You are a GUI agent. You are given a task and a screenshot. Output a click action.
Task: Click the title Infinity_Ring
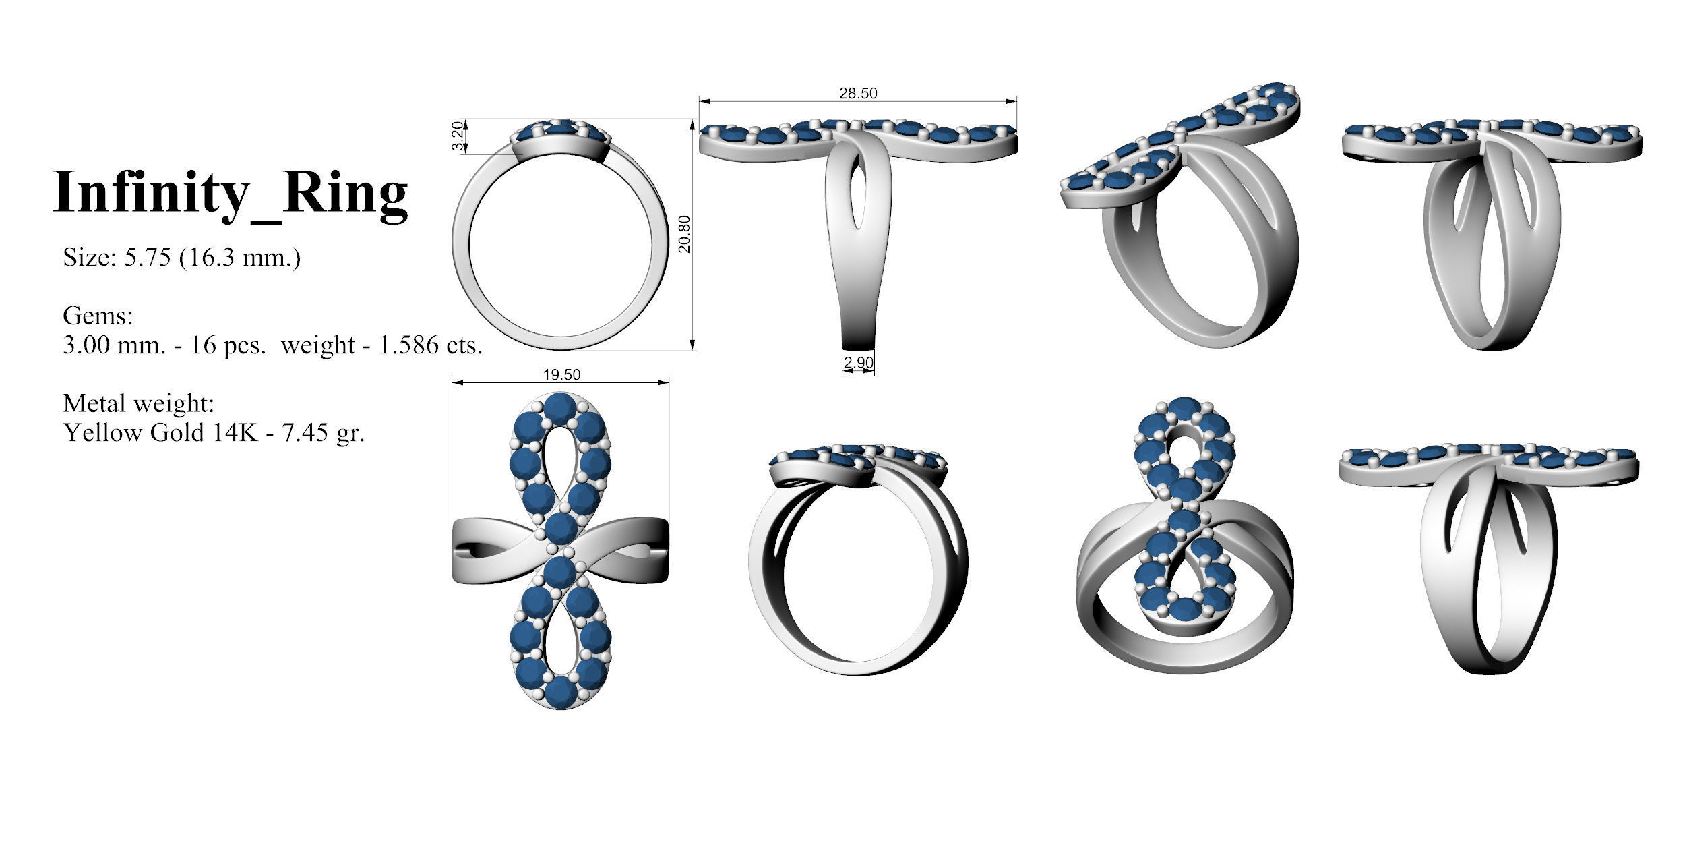(231, 192)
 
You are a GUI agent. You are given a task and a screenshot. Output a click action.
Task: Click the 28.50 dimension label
(858, 94)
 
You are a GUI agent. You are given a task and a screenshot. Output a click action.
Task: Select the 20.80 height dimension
(685, 233)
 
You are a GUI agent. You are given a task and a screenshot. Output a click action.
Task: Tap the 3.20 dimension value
(458, 137)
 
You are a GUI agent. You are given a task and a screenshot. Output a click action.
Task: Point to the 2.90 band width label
(859, 363)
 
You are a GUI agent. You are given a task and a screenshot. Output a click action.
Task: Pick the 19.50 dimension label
(561, 375)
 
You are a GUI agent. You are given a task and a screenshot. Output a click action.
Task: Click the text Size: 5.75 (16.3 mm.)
(182, 258)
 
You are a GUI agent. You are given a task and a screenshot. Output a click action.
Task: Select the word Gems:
(98, 316)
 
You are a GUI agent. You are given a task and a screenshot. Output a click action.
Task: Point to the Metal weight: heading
(138, 403)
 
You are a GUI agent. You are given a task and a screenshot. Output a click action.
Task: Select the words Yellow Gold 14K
(160, 432)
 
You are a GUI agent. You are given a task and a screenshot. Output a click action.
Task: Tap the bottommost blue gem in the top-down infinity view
(561, 694)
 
